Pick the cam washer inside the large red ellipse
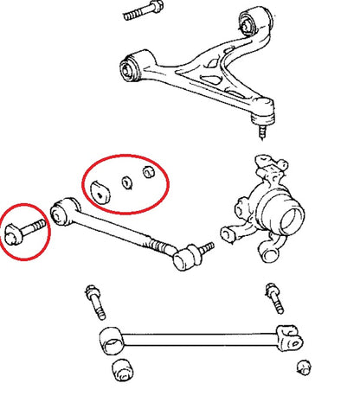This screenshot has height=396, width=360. coord(103,191)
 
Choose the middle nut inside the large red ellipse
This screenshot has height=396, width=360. coord(126,182)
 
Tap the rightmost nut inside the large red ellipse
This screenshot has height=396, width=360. coord(147,171)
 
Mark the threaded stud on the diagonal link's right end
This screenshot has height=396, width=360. coord(206,249)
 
